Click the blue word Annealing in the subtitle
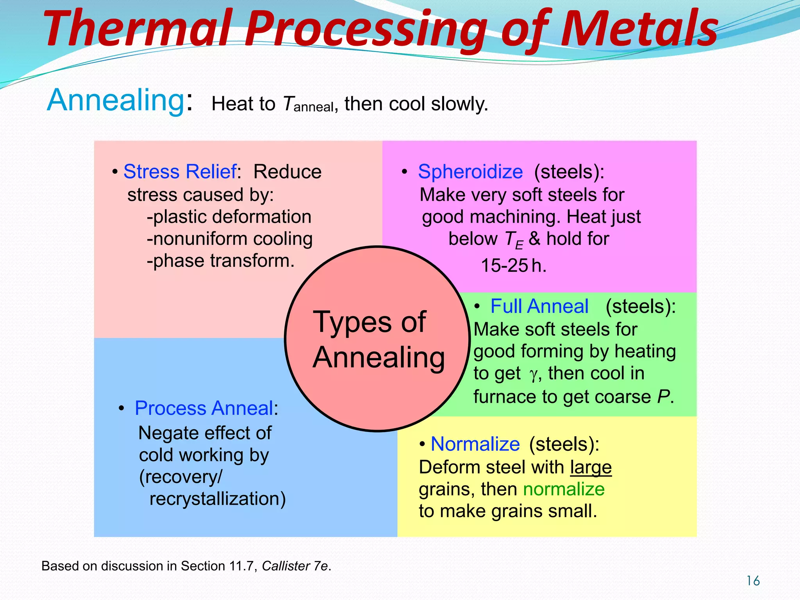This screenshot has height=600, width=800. pyautogui.click(x=115, y=100)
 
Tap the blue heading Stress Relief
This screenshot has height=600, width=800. pyautogui.click(x=180, y=171)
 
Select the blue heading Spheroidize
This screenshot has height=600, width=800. pyautogui.click(x=470, y=171)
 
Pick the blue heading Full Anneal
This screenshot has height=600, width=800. pyautogui.click(x=539, y=306)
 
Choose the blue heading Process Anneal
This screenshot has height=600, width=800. pyautogui.click(x=204, y=408)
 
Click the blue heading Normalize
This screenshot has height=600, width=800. pyautogui.click(x=475, y=444)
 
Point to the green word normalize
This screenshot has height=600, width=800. pyautogui.click(x=564, y=489)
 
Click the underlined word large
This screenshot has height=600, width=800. pyautogui.click(x=591, y=467)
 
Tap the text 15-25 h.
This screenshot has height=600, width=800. pyautogui.click(x=513, y=266)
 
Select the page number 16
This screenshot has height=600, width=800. pyautogui.click(x=753, y=581)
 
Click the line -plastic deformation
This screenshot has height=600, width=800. pyautogui.click(x=229, y=217)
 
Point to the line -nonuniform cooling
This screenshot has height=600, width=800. pyautogui.click(x=230, y=239)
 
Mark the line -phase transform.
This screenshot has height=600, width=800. pyautogui.click(x=220, y=261)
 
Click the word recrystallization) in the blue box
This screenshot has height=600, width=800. pyautogui.click(x=218, y=499)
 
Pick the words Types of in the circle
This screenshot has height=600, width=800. pyautogui.click(x=369, y=322)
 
